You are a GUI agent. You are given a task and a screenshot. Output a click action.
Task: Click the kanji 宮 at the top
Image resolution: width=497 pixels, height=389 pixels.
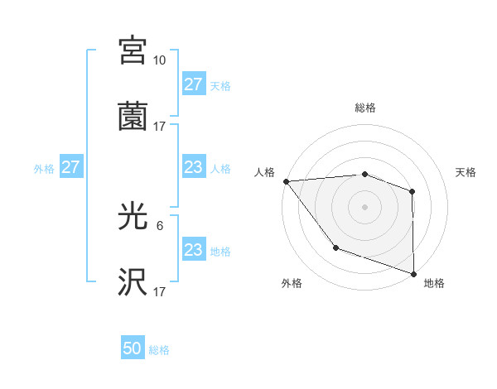point(133,50)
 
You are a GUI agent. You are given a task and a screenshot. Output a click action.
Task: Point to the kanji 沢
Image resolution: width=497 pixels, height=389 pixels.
point(133,282)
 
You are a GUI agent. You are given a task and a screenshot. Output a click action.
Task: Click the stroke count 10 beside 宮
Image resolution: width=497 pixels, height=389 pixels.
point(159,60)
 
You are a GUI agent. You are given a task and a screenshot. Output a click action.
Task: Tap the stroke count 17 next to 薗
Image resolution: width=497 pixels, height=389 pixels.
point(159,127)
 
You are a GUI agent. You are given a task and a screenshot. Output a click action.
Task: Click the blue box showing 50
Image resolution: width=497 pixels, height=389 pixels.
point(133,349)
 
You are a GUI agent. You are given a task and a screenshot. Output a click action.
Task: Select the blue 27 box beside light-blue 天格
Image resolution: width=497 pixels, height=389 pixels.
point(193,84)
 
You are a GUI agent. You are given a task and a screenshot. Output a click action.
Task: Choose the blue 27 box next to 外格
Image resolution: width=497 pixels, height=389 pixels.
point(70,167)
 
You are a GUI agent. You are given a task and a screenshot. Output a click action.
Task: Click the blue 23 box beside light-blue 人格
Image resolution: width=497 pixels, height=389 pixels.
point(193,167)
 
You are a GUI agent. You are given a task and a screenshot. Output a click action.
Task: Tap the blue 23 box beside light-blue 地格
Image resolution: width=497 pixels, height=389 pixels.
point(193,250)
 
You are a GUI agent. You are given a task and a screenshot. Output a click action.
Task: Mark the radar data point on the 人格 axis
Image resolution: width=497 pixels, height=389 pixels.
point(286,181)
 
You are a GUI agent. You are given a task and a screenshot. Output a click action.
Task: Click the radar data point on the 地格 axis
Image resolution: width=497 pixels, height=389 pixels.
point(413,273)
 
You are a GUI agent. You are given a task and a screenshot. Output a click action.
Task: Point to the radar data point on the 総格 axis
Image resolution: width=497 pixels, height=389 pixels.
point(364,174)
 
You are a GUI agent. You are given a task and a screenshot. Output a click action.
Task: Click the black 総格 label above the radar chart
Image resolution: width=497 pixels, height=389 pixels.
point(364,108)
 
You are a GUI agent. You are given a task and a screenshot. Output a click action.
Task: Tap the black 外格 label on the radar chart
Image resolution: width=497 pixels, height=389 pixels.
point(292,284)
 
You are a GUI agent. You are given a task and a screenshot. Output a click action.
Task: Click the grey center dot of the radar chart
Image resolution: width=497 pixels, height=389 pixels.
point(364,206)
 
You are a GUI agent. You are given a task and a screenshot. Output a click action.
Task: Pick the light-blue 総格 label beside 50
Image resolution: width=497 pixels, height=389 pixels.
point(159,350)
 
